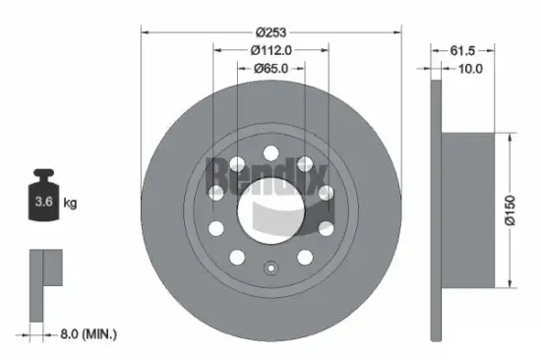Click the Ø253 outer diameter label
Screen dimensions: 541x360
click(270, 32)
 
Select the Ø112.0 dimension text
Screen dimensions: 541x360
click(271, 50)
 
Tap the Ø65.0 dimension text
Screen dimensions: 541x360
click(270, 68)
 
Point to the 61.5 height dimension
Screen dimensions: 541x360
click(462, 50)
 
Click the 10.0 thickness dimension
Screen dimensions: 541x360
click(470, 69)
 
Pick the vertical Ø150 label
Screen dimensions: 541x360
click(510, 210)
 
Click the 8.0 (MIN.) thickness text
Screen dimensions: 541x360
click(89, 333)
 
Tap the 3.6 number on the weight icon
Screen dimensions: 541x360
click(43, 202)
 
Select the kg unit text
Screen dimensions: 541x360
click(70, 203)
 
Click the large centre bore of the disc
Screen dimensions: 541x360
click(271, 210)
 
